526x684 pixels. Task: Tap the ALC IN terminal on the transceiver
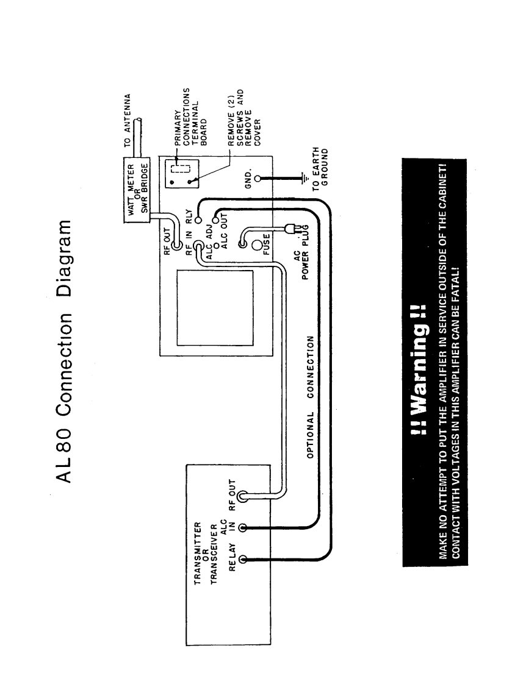pos(243,526)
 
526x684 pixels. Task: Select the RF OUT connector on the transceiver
pos(243,496)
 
